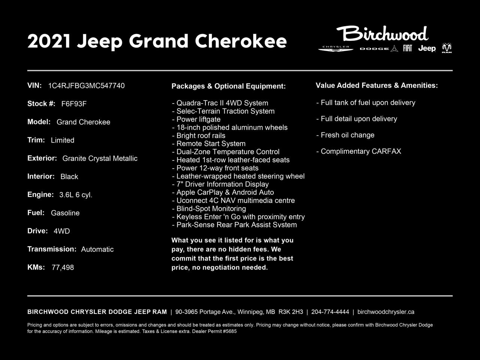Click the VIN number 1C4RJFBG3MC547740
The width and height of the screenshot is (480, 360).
click(x=86, y=86)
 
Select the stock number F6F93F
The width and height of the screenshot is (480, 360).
click(x=74, y=104)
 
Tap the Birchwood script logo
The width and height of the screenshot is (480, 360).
click(x=382, y=34)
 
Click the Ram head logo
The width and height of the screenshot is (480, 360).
click(x=447, y=48)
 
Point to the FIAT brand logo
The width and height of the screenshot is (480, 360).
click(x=407, y=48)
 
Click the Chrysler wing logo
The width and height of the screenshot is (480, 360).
click(x=336, y=48)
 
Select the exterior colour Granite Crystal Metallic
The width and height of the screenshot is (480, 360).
click(x=100, y=159)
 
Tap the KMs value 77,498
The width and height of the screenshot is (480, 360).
click(x=63, y=267)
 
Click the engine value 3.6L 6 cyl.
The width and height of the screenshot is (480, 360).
click(x=76, y=195)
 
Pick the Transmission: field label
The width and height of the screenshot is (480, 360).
click(x=52, y=249)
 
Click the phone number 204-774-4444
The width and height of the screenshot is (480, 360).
click(x=330, y=312)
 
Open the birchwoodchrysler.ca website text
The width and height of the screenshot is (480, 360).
click(x=385, y=312)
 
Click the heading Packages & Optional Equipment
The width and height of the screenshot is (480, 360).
click(x=228, y=86)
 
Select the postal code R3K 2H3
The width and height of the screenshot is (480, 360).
click(x=291, y=312)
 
